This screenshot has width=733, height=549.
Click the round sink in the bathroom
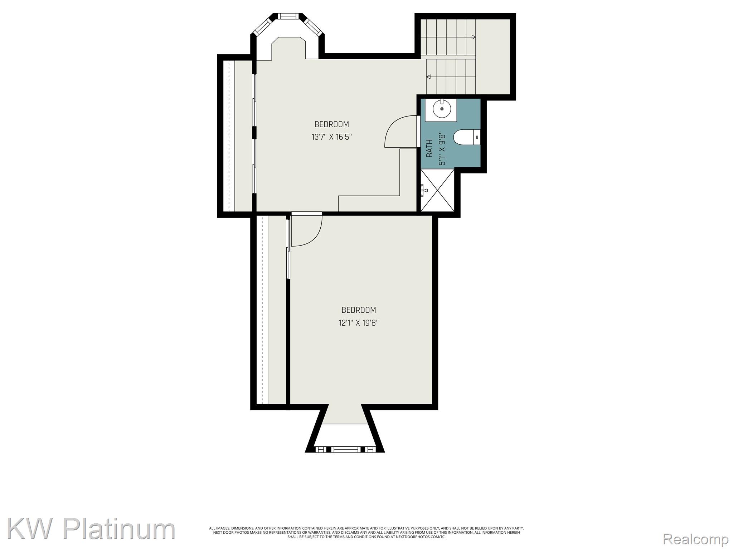pos(442,109)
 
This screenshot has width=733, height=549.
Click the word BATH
pos(429,148)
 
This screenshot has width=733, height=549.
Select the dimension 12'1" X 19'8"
pos(359,323)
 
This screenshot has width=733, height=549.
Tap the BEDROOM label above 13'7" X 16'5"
pos(331,124)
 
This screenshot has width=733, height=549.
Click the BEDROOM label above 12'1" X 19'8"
pos(359,310)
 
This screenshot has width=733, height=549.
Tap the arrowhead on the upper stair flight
pos(474,37)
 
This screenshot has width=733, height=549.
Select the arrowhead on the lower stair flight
pos(428,76)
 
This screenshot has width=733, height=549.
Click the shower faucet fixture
pos(424,189)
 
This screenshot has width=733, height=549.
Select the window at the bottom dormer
pos(345,449)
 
